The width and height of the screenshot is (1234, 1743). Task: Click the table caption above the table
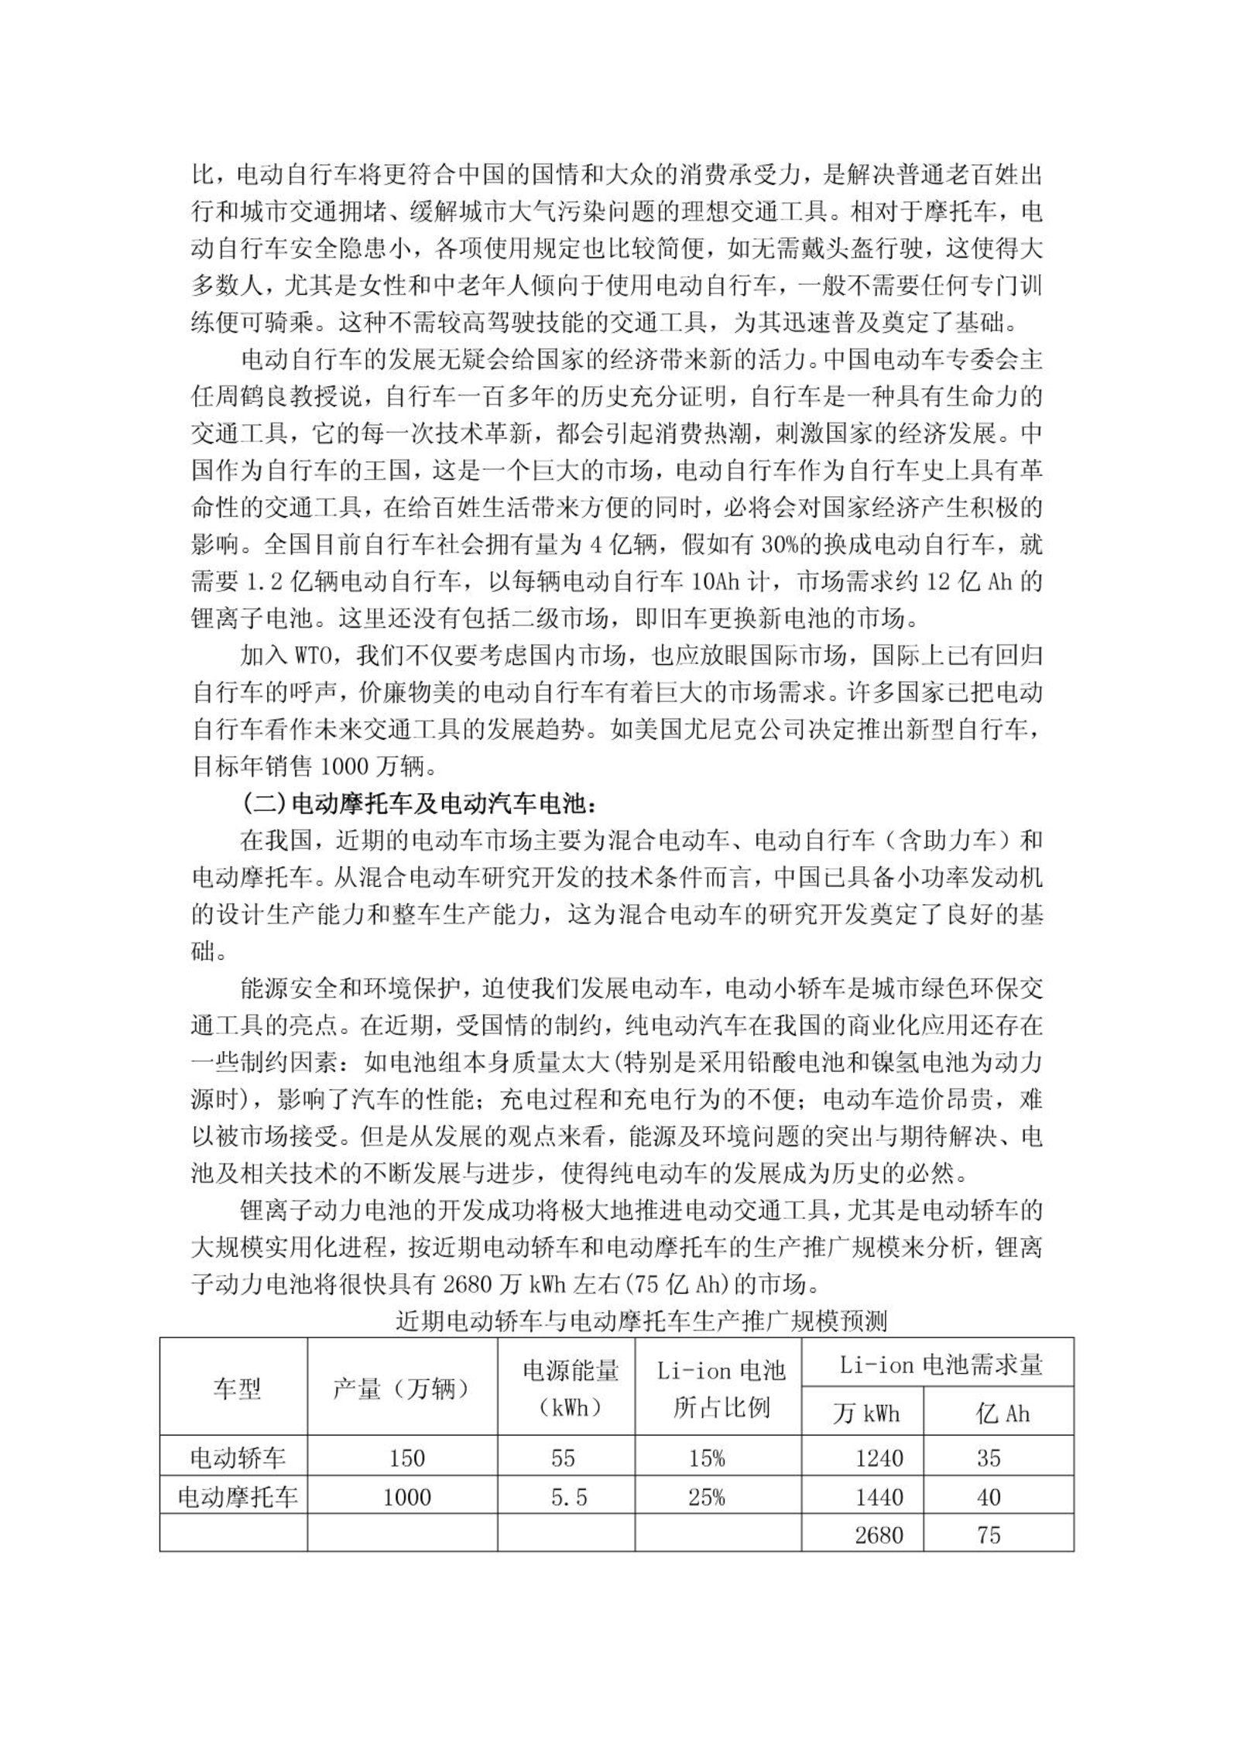coord(640,1321)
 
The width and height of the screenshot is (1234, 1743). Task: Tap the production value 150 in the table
coord(407,1458)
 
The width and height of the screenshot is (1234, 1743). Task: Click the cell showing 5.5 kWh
coord(569,1497)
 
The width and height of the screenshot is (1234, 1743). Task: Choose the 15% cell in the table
coord(706,1458)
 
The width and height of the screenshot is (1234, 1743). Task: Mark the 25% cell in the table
coord(706,1497)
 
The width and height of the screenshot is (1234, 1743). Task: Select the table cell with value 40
coord(989,1497)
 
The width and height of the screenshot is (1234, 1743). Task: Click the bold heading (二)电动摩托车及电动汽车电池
coord(418,804)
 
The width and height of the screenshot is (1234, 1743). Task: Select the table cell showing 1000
coord(407,1497)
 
